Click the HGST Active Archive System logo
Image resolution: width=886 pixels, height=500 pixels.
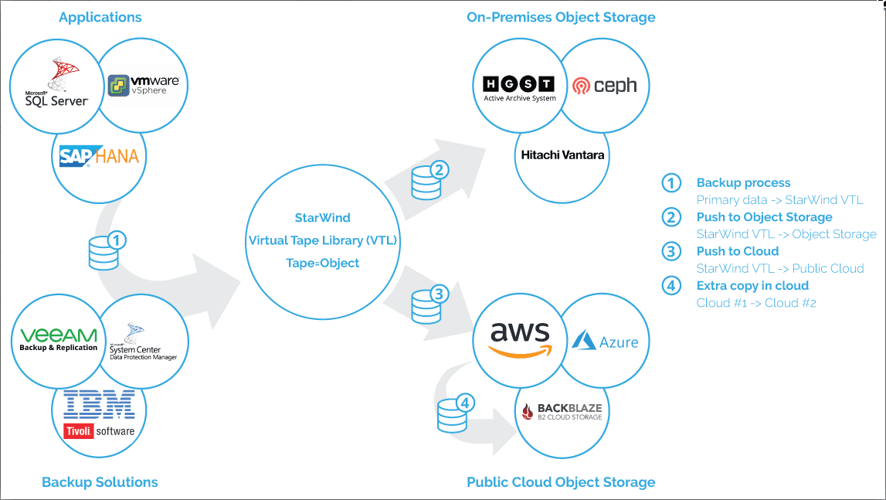tap(519, 87)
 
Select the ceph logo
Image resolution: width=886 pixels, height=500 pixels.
tap(605, 85)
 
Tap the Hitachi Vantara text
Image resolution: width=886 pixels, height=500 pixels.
tap(562, 155)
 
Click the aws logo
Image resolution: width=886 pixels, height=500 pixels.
tap(521, 339)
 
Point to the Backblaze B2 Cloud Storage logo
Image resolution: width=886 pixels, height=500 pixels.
tap(562, 411)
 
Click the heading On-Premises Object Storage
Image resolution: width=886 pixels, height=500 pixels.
tap(561, 17)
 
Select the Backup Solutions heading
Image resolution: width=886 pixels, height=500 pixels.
tap(100, 482)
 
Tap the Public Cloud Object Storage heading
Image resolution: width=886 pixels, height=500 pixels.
tap(561, 482)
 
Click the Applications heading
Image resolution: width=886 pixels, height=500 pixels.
tap(100, 17)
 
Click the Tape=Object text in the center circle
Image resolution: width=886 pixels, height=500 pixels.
tap(322, 263)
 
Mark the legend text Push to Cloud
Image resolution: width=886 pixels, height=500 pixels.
tap(738, 251)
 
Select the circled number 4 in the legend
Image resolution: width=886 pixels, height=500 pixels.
tap(672, 286)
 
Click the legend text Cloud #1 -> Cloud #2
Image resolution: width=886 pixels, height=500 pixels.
tap(756, 302)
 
